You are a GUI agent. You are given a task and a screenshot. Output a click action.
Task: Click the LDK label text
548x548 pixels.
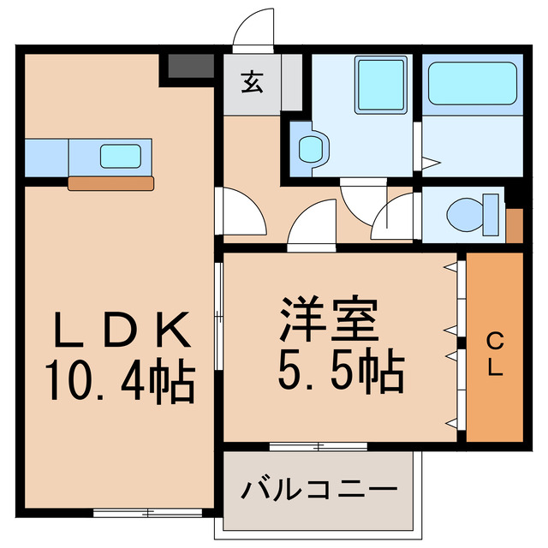pyautogui.click(x=121, y=328)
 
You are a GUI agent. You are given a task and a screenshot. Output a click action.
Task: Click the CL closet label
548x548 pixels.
pyautogui.click(x=494, y=356)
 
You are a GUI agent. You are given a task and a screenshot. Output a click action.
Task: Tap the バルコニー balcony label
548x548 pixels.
pyautogui.click(x=319, y=491)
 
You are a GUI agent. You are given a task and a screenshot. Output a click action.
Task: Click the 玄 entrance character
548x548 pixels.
pyautogui.click(x=252, y=84)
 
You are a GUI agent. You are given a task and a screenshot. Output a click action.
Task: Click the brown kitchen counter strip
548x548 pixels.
pyautogui.click(x=111, y=182)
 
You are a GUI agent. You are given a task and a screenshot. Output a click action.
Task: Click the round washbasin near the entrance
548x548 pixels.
pyautogui.click(x=308, y=149)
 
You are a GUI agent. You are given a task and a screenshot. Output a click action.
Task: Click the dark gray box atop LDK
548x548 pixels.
pyautogui.click(x=190, y=67)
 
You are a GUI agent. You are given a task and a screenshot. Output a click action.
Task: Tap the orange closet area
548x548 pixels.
pyautogui.click(x=494, y=346)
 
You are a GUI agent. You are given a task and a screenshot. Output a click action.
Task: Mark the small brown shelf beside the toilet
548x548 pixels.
pyautogui.click(x=514, y=223)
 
